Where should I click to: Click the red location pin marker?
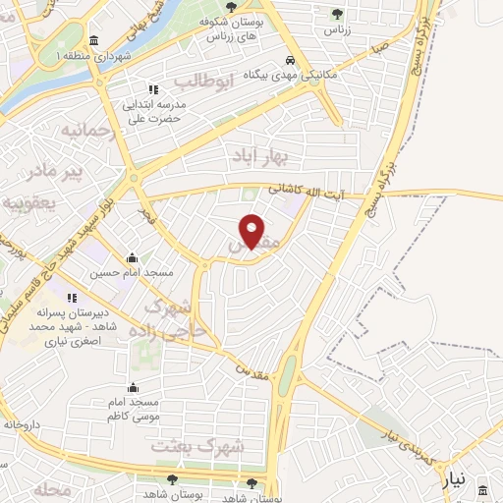coord(252,232)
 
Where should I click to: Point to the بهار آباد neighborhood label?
coord(257,155)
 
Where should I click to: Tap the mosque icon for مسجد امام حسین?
coord(132,258)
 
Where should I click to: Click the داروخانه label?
coord(22,425)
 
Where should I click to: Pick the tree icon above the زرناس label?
coord(338,14)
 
